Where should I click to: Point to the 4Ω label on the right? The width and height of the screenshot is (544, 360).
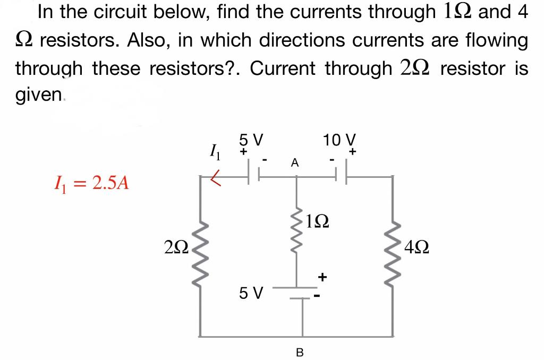(416, 247)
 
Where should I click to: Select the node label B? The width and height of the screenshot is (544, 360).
(299, 350)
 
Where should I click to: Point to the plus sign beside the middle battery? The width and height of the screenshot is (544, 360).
(322, 277)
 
